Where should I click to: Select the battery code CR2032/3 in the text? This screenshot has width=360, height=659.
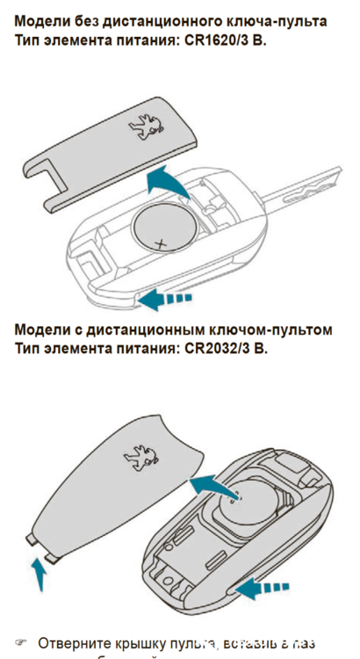[222, 348]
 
